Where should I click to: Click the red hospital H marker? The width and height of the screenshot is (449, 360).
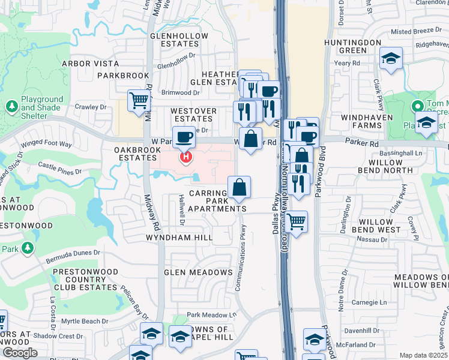(x=187, y=158)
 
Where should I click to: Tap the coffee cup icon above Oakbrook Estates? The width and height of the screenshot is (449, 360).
(x=184, y=137)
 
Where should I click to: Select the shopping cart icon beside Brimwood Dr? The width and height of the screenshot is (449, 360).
(x=139, y=100)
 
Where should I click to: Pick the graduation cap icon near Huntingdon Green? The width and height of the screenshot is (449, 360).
(x=391, y=59)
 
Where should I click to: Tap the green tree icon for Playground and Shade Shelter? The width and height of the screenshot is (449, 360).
(x=11, y=106)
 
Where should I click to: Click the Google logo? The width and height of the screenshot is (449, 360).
(x=19, y=352)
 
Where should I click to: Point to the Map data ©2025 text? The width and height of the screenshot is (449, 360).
(x=423, y=355)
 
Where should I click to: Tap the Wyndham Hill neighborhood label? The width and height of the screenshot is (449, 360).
(x=179, y=238)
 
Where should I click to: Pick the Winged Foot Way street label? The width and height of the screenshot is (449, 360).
(x=46, y=145)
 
